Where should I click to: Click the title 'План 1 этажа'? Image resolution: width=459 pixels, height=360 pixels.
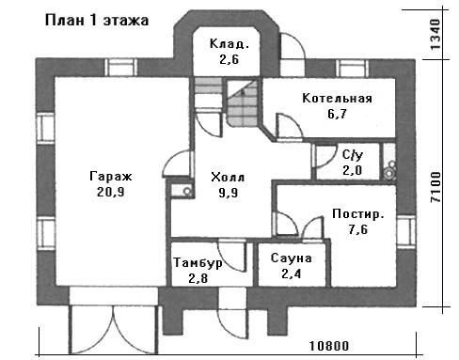tap(97, 21)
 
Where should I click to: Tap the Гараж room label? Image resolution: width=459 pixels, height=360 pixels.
tap(111, 177)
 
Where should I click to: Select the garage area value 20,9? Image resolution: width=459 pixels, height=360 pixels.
tap(111, 192)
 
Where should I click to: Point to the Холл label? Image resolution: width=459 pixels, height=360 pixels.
tap(228, 178)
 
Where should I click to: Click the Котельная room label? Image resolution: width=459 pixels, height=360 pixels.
tap(338, 99)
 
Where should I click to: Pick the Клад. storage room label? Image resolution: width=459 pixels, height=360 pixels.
tap(229, 44)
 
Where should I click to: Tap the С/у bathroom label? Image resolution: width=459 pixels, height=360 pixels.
tap(353, 154)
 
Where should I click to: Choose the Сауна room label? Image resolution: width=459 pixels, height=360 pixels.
tap(292, 258)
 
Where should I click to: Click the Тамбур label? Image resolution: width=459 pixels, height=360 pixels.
tap(198, 262)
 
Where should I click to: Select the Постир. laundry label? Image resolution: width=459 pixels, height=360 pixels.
tap(358, 214)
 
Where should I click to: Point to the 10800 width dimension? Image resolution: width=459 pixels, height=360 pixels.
tap(329, 346)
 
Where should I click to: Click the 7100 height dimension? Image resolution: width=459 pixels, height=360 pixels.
tap(435, 187)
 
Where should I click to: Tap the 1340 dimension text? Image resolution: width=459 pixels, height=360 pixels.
tap(435, 35)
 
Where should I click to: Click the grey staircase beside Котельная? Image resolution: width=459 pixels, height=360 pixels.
tap(243, 103)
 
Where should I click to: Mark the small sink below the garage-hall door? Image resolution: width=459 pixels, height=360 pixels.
tap(182, 191)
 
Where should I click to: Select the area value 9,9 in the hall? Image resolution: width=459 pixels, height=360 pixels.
tap(229, 193)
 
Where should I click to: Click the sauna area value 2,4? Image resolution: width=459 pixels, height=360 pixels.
tap(292, 274)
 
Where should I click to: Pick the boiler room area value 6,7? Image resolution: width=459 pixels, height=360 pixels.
tap(338, 114)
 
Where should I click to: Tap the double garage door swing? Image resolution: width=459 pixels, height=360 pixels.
tap(113, 329)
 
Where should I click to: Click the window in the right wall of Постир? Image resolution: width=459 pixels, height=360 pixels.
tap(405, 232)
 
